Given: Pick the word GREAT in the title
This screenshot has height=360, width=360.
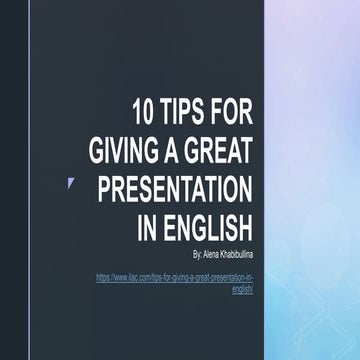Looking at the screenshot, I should [221, 151].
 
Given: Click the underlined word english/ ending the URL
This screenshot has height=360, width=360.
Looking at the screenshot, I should [242, 287].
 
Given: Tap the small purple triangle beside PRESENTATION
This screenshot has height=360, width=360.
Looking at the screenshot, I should [70, 182].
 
